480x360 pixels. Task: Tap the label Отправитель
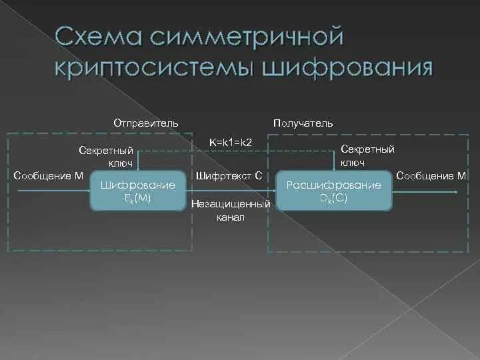click(x=145, y=123)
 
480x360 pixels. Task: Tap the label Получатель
click(x=303, y=123)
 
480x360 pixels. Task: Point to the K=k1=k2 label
click(x=229, y=142)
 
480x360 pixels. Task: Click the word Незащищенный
click(x=231, y=203)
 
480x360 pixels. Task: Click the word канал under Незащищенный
click(x=231, y=217)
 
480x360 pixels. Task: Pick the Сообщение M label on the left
click(x=49, y=175)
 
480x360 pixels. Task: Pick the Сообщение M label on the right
click(x=431, y=176)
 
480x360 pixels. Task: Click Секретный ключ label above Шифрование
click(x=106, y=156)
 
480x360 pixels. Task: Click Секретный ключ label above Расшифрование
click(x=367, y=156)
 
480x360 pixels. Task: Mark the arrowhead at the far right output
click(x=455, y=192)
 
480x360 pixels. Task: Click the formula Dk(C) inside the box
click(x=333, y=198)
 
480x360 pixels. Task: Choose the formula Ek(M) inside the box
click(x=138, y=198)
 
